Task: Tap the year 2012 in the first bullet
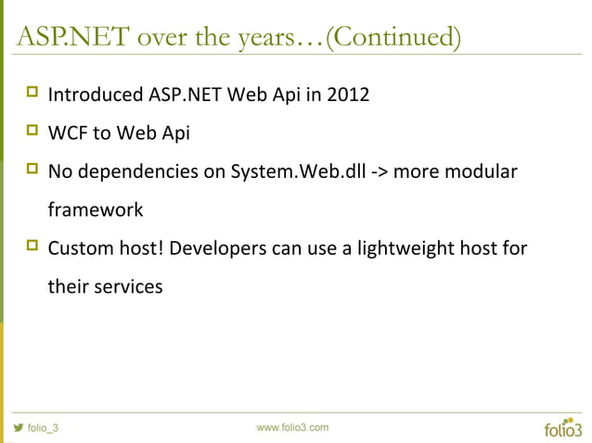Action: click(x=350, y=95)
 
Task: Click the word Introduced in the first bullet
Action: click(x=96, y=95)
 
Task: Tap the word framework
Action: click(x=96, y=210)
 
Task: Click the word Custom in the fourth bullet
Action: click(x=81, y=248)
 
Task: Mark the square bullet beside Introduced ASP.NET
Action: click(x=32, y=93)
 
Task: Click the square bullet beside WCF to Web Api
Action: click(x=32, y=132)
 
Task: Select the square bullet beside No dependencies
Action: click(x=32, y=171)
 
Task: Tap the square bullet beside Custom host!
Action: click(x=32, y=247)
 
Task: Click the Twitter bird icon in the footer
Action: click(x=17, y=428)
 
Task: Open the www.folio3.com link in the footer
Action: click(x=291, y=426)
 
